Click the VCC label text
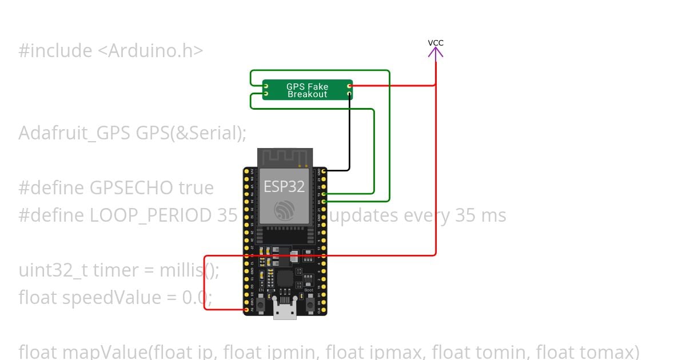pos(436,43)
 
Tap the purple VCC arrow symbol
pos(436,53)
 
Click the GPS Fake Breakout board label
pos(308,90)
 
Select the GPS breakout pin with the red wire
pos(349,86)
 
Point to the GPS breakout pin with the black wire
pos(349,93)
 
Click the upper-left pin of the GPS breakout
pos(265,86)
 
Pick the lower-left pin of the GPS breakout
pos(265,93)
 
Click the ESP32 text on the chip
pos(284,186)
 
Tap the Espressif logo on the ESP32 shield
pos(284,210)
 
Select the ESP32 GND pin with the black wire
pos(324,170)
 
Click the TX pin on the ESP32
pos(324,194)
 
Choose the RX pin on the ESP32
pos(324,201)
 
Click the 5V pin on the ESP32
pos(246,310)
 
